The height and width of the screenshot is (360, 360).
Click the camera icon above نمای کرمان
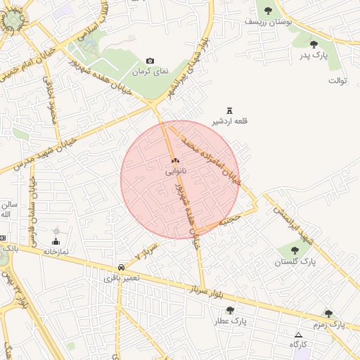149,61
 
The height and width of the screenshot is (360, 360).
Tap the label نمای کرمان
149,72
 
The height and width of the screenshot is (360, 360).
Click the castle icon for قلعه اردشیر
229,110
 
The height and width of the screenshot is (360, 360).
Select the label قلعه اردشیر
229,120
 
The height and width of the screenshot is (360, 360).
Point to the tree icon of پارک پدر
314,44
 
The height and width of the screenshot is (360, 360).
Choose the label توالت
337,81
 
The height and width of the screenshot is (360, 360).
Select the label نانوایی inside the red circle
176,171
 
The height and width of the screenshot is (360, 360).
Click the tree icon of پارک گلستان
295,251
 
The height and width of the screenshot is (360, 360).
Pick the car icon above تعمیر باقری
122,267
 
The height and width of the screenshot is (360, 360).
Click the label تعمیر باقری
122,278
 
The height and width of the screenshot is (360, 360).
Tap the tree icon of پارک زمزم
328,314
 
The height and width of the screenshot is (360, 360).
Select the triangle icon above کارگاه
299,335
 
